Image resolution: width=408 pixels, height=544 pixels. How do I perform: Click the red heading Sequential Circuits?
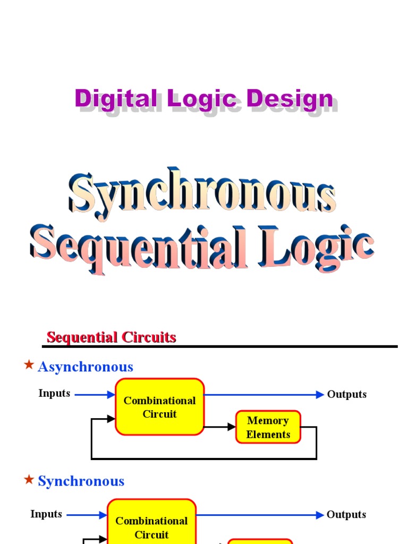112,337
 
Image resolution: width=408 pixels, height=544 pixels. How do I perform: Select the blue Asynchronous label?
86,367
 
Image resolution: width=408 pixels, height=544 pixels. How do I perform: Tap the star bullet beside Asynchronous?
29,364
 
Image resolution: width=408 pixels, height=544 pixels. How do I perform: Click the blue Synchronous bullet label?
81,481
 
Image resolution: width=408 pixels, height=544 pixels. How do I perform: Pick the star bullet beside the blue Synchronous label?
29,479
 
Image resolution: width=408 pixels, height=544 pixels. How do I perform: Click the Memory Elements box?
268,427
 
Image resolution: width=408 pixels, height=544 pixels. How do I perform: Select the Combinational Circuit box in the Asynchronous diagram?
160,407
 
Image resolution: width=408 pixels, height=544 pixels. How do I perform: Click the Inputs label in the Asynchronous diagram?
54,393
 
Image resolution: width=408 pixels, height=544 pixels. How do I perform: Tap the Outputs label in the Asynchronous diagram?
347,394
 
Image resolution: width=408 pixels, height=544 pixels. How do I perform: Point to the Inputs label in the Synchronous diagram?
46,514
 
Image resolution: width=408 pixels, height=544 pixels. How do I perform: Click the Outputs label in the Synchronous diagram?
346,514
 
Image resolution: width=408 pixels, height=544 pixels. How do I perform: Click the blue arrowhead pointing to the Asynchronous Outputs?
320,394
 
